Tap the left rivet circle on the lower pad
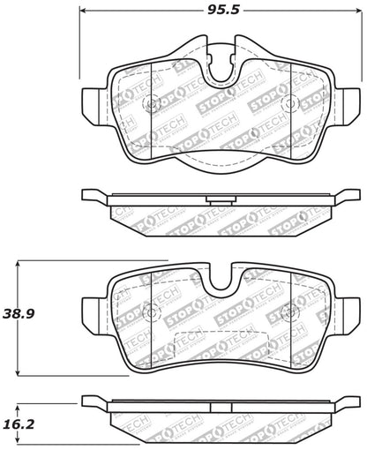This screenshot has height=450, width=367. point(149,313)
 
